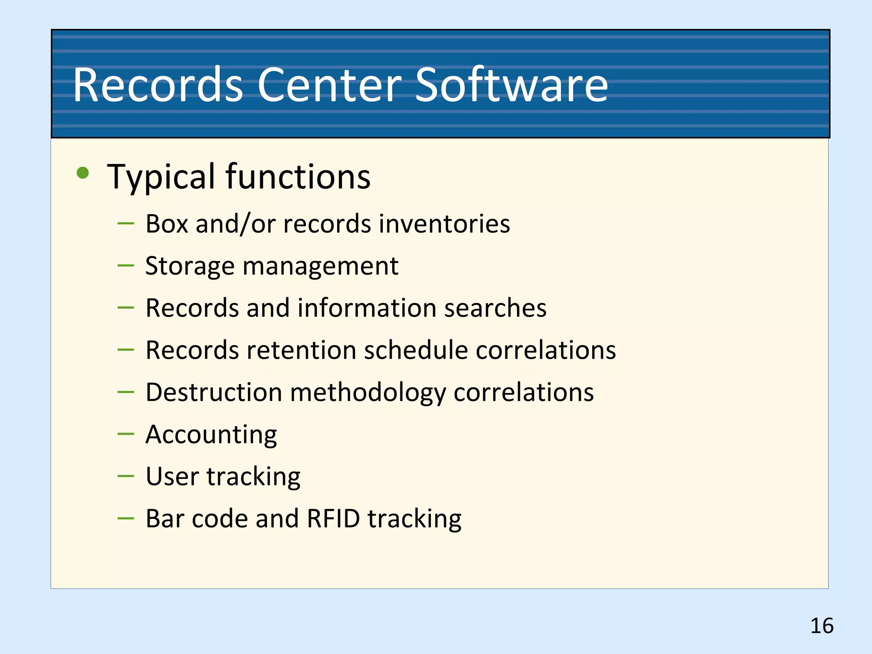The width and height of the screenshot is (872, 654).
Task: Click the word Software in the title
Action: (x=511, y=85)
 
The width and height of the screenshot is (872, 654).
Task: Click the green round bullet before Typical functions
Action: (x=83, y=173)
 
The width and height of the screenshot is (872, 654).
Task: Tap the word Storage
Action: (x=190, y=267)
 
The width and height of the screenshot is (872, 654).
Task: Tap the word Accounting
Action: (x=211, y=435)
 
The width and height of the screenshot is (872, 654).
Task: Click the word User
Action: (x=172, y=476)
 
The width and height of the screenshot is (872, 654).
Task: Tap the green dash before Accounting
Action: (x=126, y=434)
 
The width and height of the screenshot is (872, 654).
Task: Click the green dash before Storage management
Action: (x=126, y=266)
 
